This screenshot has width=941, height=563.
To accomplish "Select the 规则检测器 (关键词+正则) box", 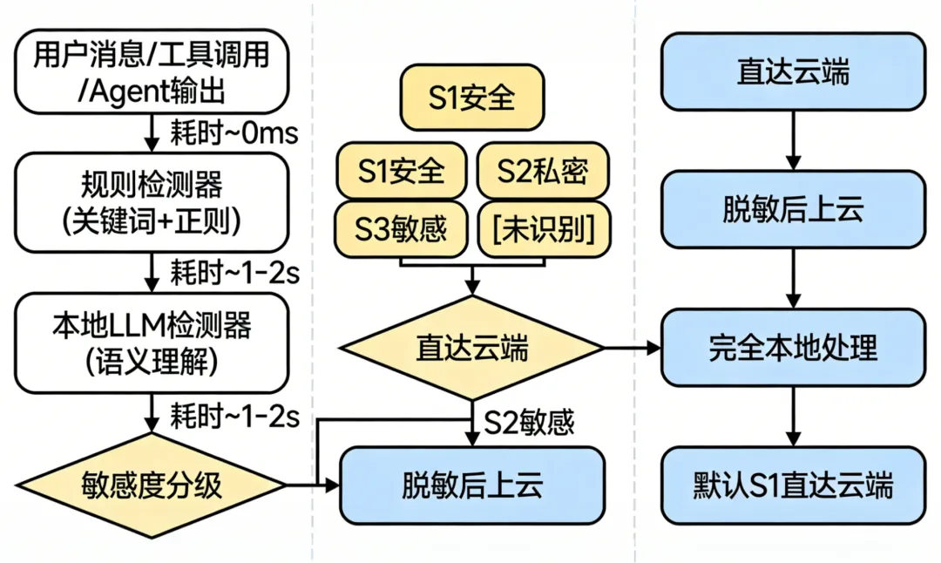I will coord(153,202).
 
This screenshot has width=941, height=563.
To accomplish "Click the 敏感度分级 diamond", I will coord(153,485).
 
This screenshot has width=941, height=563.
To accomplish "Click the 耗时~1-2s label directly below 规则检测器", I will coord(232,273).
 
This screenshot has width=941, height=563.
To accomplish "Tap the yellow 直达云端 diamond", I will coord(471,349).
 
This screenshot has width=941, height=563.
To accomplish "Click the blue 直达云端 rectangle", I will coord(793,71).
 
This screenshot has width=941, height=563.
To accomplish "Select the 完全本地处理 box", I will coord(793,349).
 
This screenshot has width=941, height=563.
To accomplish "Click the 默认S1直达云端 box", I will coord(793,485).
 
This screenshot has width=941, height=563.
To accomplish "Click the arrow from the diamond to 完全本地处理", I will coord(633,349).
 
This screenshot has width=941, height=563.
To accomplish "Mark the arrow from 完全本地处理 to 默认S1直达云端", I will coord(793,417).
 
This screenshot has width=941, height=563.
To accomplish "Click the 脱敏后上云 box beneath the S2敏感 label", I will coord(471,485).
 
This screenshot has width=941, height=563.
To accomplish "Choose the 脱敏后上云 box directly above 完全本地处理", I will coord(793,210).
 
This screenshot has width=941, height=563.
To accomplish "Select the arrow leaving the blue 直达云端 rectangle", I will coord(793,139).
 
